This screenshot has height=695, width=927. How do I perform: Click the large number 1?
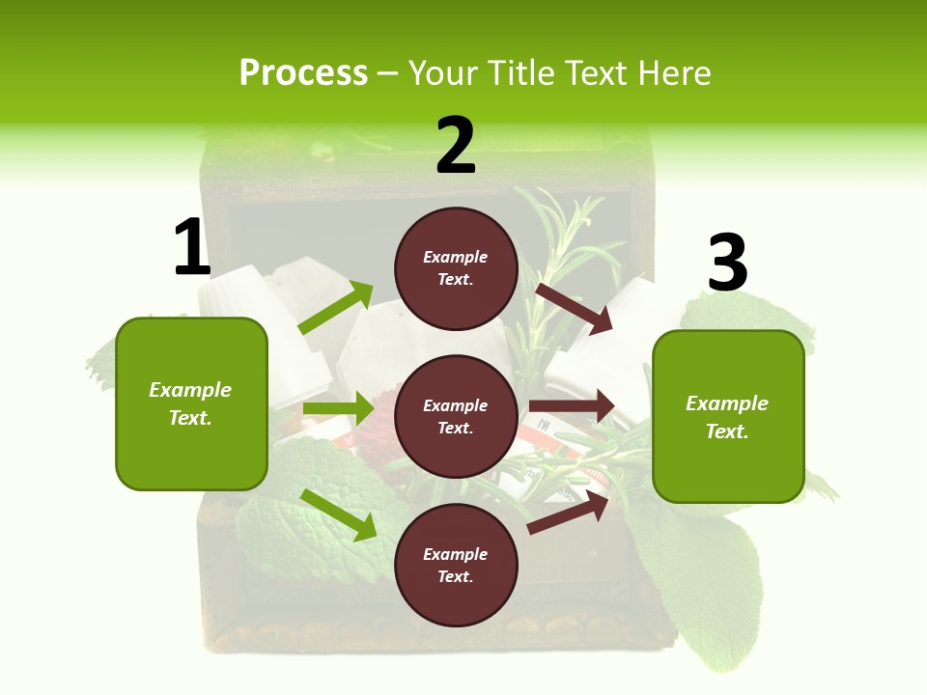191,248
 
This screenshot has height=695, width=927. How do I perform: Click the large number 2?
456,145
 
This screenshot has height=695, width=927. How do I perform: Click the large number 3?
727,264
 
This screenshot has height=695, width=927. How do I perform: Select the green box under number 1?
191,403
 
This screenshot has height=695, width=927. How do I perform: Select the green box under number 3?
728,417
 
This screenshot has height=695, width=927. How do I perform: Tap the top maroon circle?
456,268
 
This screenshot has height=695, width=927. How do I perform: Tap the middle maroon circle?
456,416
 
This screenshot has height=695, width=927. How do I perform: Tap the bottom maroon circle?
456,565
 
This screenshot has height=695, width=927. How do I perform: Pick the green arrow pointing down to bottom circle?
338,514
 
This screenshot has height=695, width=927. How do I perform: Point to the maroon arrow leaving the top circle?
574,308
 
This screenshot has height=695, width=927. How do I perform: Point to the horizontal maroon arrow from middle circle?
572,406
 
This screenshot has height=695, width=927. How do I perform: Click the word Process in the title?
303,72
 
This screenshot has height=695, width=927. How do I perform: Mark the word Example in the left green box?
190,390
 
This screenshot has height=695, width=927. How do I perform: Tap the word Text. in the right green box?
727,431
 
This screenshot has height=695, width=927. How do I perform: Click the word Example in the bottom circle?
456,554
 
